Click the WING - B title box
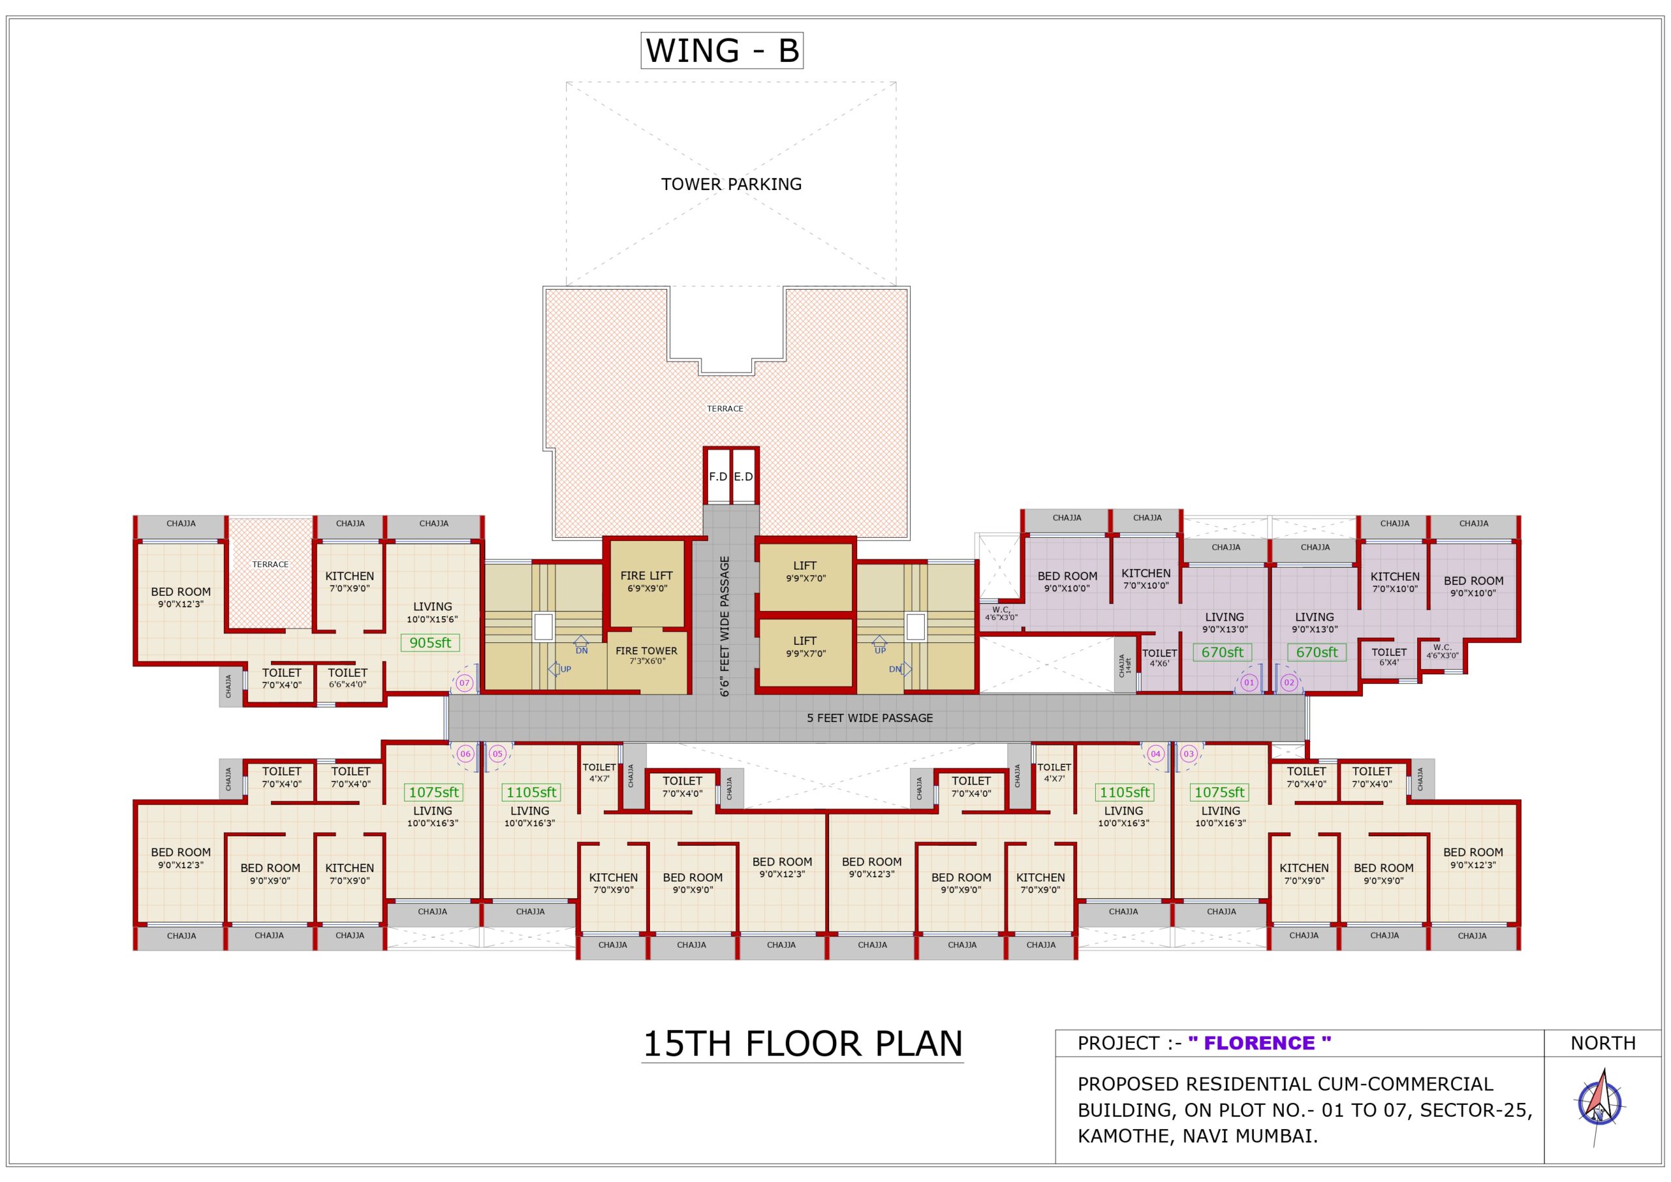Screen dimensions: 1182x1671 [722, 50]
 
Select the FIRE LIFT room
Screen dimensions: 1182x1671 [646, 582]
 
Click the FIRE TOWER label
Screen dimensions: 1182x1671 [646, 651]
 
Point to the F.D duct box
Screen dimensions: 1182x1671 [717, 476]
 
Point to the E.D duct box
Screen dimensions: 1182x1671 [743, 476]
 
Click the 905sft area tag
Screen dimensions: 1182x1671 [430, 643]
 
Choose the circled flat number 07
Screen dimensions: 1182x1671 [464, 683]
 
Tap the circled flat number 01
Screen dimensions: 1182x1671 [1249, 683]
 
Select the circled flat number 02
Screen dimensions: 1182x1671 [1289, 683]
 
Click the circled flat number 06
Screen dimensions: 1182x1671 [465, 754]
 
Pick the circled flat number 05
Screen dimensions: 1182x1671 [498, 754]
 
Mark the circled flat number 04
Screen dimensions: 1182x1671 [1156, 754]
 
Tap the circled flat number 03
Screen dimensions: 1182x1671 [1189, 754]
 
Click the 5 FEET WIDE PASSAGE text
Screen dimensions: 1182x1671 [869, 719]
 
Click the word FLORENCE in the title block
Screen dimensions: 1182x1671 [1259, 1043]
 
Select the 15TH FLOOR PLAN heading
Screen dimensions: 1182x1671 [802, 1044]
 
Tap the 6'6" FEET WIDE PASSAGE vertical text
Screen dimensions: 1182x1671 [725, 626]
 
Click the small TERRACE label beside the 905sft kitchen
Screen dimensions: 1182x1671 [270, 564]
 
